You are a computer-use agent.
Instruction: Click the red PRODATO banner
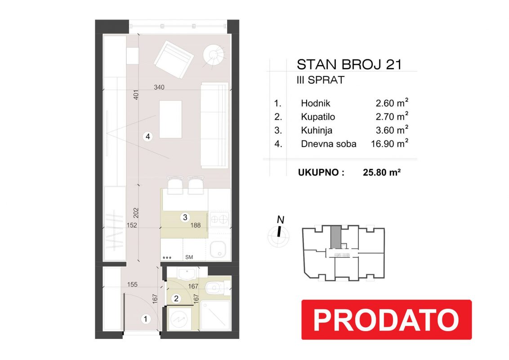(386, 319)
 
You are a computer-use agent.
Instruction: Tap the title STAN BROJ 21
(349, 64)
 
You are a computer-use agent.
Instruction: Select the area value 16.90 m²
(389, 143)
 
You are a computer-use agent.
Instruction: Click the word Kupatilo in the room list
(318, 117)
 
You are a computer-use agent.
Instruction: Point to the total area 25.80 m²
(382, 172)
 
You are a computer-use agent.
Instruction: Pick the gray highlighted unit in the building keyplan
(336, 237)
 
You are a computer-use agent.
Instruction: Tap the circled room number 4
(147, 136)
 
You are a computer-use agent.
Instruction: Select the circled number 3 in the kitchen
(185, 217)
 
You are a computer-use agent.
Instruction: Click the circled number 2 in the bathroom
(176, 298)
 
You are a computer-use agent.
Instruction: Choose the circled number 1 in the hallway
(145, 319)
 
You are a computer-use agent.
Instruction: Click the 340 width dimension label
(159, 87)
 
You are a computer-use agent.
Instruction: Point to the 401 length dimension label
(136, 94)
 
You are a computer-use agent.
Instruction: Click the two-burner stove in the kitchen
(219, 220)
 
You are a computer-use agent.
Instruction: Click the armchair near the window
(174, 59)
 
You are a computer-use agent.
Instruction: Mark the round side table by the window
(214, 54)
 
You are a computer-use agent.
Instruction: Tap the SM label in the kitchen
(189, 257)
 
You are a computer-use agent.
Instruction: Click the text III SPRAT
(320, 80)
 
